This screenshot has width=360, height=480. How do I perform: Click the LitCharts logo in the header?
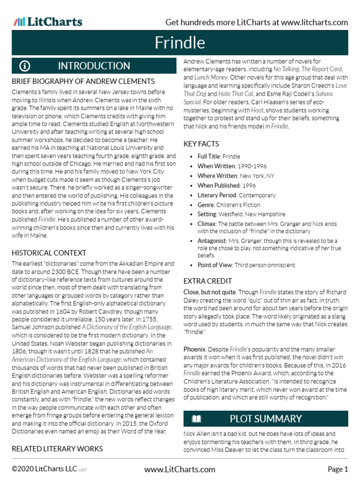48,22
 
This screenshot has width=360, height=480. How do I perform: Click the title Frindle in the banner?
180,43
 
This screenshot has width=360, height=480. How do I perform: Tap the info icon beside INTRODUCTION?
25,66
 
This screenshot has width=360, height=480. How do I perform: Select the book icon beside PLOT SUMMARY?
196,419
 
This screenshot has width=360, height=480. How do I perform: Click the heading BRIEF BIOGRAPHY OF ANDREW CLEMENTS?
83,81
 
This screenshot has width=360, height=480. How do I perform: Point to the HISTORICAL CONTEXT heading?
49,253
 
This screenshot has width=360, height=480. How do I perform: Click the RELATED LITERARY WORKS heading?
57,449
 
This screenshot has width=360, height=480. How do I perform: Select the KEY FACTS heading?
201,144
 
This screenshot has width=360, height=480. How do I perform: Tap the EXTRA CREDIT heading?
207,281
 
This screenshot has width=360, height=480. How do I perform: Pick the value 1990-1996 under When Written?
248,166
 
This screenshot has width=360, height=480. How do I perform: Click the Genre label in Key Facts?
206,205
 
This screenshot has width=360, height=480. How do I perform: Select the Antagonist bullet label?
212,240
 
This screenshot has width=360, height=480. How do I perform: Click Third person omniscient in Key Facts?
265,265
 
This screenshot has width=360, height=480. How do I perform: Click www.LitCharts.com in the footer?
180,469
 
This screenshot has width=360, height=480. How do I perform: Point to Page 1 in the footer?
337,469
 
